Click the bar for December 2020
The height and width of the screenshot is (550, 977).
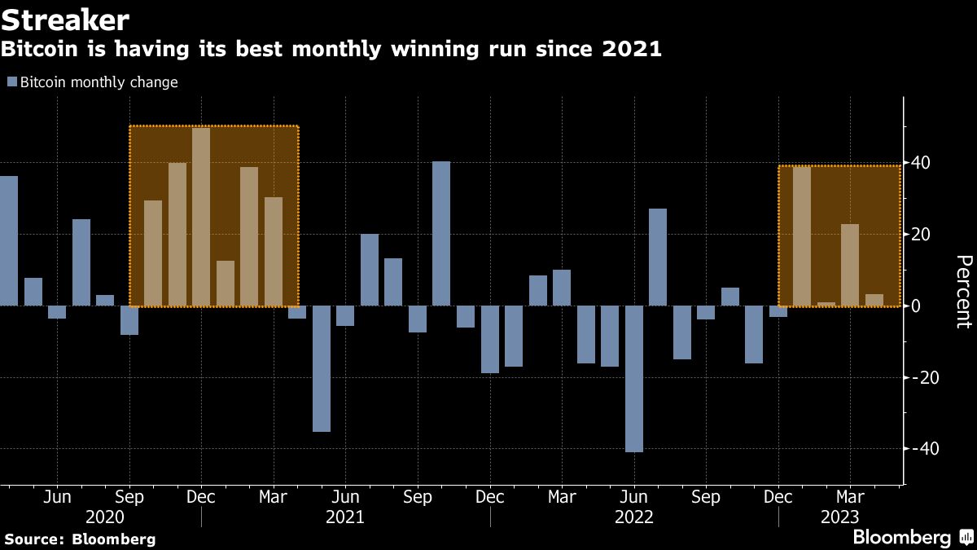[x=201, y=217]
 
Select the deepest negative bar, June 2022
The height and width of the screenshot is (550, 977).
[x=634, y=379]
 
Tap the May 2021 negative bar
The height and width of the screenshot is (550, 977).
[x=322, y=368]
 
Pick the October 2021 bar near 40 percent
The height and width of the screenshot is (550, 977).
[x=441, y=234]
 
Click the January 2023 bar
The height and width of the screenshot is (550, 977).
[x=802, y=236]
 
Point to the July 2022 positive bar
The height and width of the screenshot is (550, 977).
[x=658, y=257]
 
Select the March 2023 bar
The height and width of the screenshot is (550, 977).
[x=850, y=265]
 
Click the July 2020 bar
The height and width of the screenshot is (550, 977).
[x=81, y=262]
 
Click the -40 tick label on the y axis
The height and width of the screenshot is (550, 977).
[x=923, y=449]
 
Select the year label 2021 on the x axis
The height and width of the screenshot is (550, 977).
[x=345, y=517]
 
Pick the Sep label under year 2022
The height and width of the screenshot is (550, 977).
[x=706, y=497]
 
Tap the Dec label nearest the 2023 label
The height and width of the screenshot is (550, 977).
[x=778, y=497]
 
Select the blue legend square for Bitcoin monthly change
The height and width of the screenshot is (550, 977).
[x=11, y=82]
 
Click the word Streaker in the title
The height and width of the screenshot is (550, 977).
[x=64, y=20]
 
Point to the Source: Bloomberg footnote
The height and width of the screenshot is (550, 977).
[x=79, y=539]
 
